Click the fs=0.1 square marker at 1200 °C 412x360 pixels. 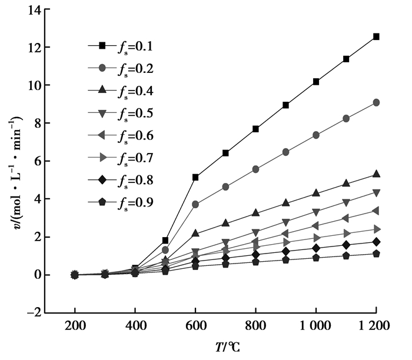pyautogui.click(x=376, y=36)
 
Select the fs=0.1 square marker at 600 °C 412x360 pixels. pyautogui.click(x=195, y=177)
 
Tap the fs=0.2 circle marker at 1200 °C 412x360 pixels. pyautogui.click(x=376, y=102)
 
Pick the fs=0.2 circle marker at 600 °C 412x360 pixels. pyautogui.click(x=195, y=204)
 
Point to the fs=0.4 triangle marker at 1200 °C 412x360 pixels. pyautogui.click(x=376, y=174)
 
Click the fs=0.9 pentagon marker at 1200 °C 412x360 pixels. pyautogui.click(x=376, y=254)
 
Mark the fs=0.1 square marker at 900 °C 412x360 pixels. pyautogui.click(x=286, y=105)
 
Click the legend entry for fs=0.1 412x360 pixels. pyautogui.click(x=121, y=45)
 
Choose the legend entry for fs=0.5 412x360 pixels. pyautogui.click(x=121, y=113)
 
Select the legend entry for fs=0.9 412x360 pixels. pyautogui.click(x=121, y=203)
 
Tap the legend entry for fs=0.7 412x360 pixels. pyautogui.click(x=121, y=158)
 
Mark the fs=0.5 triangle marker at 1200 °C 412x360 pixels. pyautogui.click(x=376, y=193)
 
